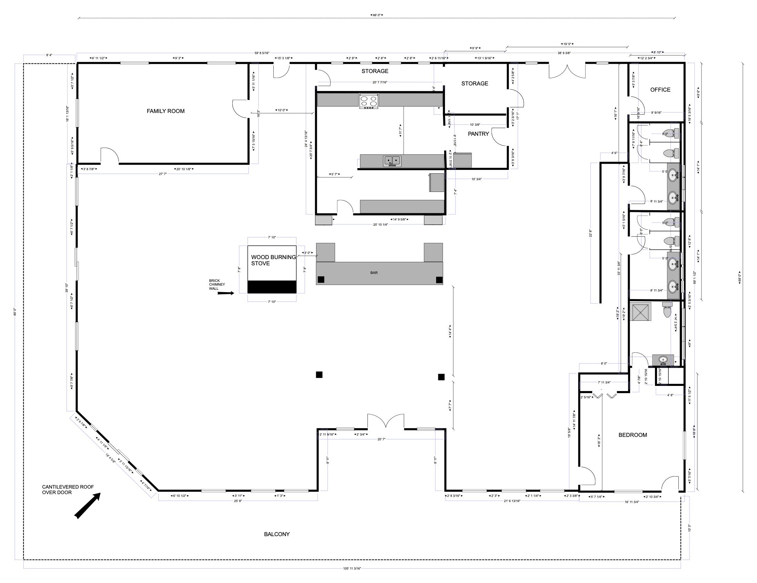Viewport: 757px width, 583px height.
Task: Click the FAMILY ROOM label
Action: tap(165, 111)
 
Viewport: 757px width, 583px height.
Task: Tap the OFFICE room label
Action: tap(660, 90)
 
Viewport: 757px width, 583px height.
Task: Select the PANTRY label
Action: tap(478, 134)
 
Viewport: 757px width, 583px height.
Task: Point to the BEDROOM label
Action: tap(632, 435)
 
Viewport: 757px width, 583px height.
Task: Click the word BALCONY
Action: tap(276, 534)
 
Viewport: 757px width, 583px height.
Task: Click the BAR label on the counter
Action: tap(374, 273)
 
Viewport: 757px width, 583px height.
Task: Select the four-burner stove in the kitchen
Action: tap(369, 101)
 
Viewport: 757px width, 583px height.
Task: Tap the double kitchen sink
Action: tap(392, 161)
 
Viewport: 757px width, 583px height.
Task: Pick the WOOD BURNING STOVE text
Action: tap(273, 260)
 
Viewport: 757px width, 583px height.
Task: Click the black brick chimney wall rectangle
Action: tap(272, 287)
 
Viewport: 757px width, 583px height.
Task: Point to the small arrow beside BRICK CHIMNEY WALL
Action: tap(226, 294)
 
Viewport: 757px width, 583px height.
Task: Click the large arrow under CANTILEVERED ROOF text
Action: tap(88, 505)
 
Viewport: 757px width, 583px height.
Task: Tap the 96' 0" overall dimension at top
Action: tap(376, 15)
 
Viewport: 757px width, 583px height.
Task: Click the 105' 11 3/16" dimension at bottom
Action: tap(352, 569)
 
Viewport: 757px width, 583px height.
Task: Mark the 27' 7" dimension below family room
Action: tap(163, 174)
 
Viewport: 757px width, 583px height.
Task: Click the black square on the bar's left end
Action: tap(321, 279)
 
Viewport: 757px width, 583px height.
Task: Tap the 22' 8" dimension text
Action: tap(590, 233)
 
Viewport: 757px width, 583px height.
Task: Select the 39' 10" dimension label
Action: tap(67, 288)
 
